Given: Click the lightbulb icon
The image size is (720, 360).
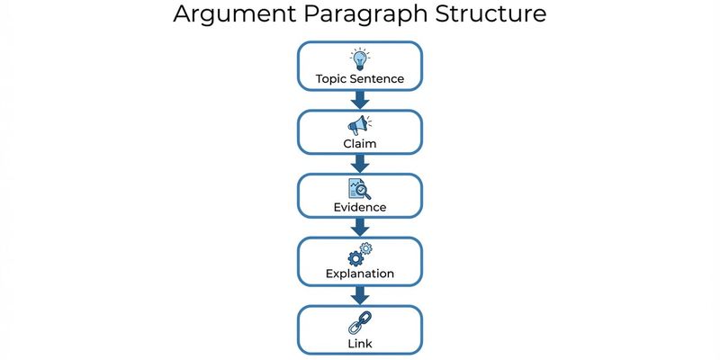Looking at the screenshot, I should coord(360,59).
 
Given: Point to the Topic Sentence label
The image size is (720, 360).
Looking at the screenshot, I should coord(360,79).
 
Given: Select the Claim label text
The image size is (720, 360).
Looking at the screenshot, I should coord(360,144).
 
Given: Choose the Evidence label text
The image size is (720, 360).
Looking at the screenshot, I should coord(360,208).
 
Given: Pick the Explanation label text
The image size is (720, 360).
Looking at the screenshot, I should coord(360,273).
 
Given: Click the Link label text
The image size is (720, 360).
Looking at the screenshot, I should coord(360,343).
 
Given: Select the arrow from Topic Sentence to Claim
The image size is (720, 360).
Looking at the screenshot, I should coord(360,100).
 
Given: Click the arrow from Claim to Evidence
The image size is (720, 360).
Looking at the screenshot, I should coord(360,164).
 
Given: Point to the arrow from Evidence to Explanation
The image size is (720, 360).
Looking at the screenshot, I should coord(360,228).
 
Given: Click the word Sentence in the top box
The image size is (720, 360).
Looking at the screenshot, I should coord(378,79).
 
